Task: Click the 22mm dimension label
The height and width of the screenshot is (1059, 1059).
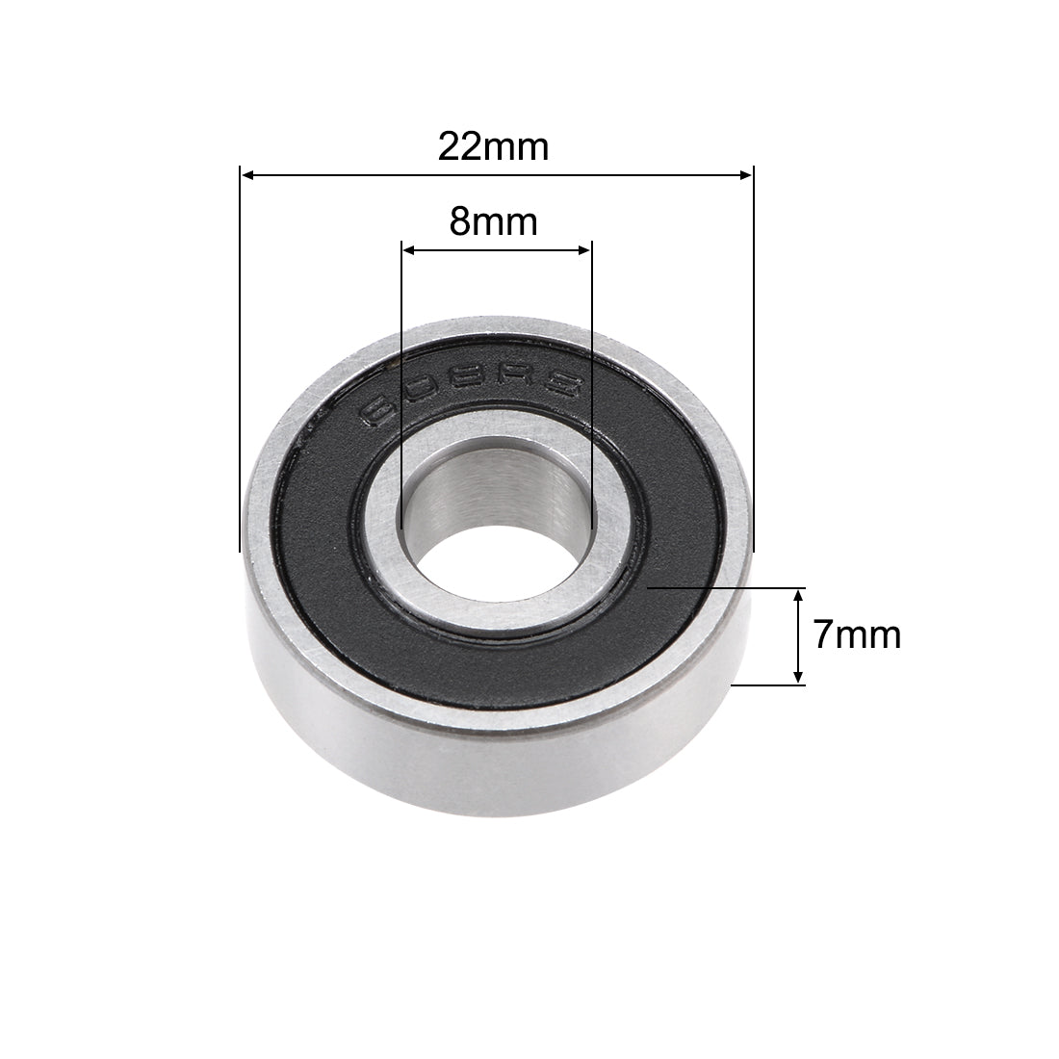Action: (x=493, y=146)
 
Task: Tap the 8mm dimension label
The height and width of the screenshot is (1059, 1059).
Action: (x=493, y=222)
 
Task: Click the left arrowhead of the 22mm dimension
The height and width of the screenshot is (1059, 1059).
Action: (x=246, y=175)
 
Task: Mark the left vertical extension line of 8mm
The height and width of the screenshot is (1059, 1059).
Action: (x=400, y=385)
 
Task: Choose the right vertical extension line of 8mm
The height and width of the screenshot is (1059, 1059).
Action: (x=590, y=385)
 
